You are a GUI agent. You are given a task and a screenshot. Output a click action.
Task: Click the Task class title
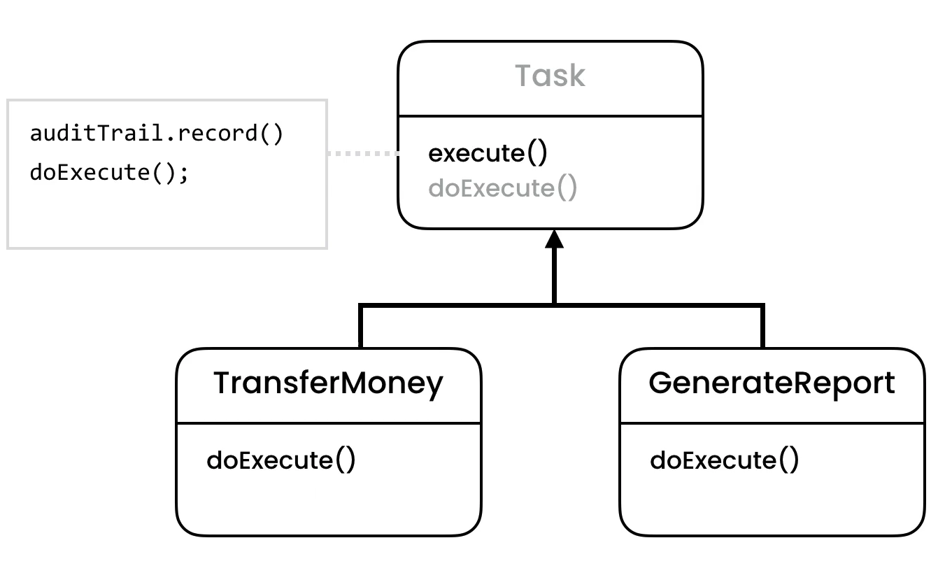(550, 76)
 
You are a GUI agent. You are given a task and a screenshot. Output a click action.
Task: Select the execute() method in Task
(488, 154)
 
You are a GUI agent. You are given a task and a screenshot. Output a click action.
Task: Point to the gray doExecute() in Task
(502, 188)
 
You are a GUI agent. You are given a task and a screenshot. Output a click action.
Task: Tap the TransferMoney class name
(328, 383)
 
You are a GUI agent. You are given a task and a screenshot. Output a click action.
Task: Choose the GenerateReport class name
(772, 383)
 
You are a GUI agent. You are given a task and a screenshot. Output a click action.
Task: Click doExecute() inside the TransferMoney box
(281, 460)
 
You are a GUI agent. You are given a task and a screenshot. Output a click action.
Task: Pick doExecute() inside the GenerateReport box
(724, 460)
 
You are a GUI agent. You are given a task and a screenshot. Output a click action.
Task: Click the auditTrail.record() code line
(157, 134)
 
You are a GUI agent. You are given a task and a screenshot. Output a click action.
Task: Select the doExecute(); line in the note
(109, 172)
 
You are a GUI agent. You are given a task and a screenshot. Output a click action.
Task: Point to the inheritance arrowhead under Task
(554, 239)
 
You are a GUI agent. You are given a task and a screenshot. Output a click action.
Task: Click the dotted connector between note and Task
(362, 153)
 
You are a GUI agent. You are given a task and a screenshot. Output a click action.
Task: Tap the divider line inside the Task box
(550, 116)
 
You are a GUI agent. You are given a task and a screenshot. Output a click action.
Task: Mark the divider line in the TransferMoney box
(328, 423)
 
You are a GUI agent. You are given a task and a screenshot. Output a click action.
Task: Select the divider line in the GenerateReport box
(772, 423)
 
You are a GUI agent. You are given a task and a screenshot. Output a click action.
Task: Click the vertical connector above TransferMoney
(361, 327)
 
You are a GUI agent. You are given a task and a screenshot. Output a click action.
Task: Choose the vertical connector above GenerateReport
(762, 327)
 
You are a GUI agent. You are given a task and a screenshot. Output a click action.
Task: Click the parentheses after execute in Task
(537, 154)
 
